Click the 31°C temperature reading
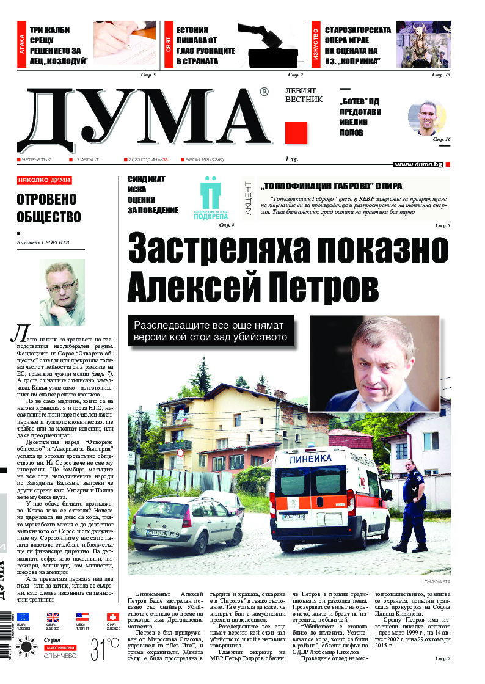[104, 650]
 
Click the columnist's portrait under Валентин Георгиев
[57, 293]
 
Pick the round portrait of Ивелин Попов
[427, 117]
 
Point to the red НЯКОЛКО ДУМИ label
[45, 181]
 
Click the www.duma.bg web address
[418, 164]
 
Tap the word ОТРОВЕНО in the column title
[46, 200]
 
